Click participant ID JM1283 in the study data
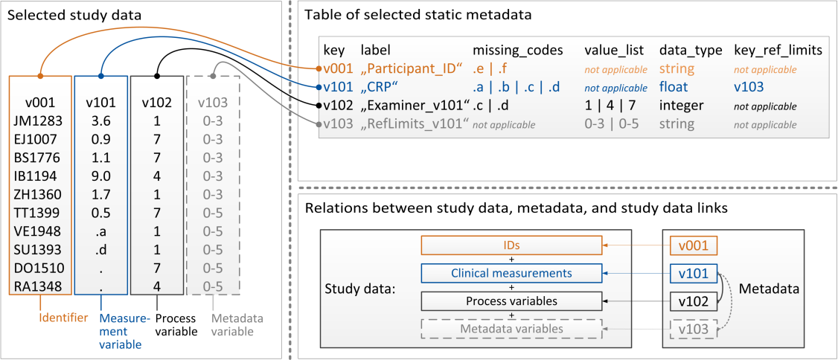coord(40,120)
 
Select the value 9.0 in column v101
coord(100,176)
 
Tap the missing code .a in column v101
coord(100,231)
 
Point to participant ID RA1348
coord(40,287)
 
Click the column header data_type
coord(691,50)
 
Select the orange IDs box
coord(511,246)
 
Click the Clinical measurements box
coord(511,273)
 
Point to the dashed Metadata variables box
coord(511,329)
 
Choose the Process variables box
coord(511,300)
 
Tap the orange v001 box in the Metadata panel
coord(693,246)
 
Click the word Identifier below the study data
coord(63,319)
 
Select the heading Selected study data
coord(75,15)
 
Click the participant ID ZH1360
coord(40,194)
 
